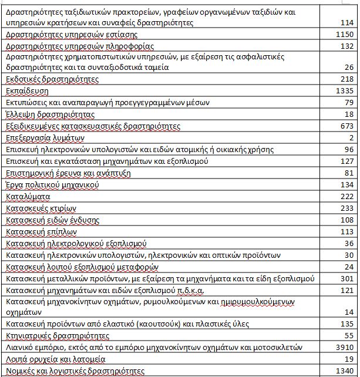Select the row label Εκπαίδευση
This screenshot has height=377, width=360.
click(x=26, y=91)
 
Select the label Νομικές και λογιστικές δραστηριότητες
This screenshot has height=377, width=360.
click(x=74, y=371)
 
